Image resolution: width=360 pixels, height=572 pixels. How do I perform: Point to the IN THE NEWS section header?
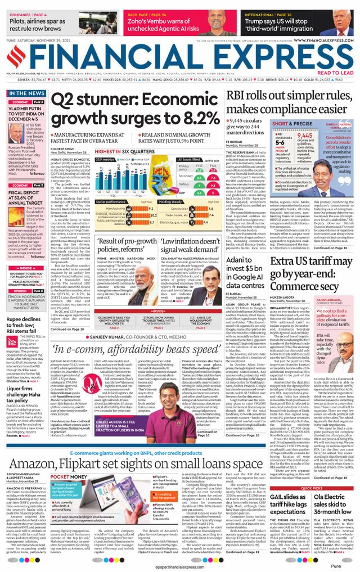28,93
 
